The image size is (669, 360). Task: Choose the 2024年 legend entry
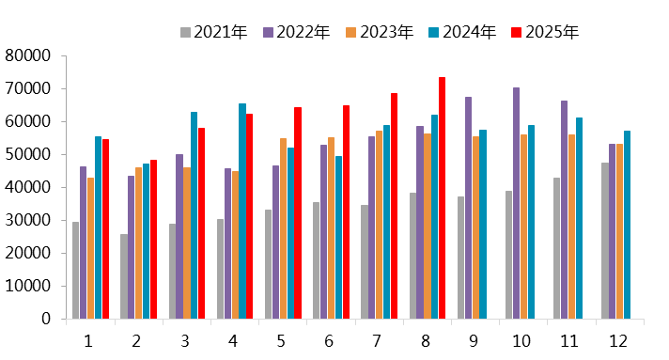click(x=469, y=33)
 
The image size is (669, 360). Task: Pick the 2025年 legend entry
click(x=552, y=33)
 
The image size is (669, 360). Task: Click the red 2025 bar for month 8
click(x=442, y=198)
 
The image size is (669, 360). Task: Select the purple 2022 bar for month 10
click(x=517, y=203)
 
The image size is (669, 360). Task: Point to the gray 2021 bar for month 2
click(x=124, y=276)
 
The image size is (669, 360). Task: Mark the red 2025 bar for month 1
click(x=106, y=229)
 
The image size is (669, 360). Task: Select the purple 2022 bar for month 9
click(x=469, y=208)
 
